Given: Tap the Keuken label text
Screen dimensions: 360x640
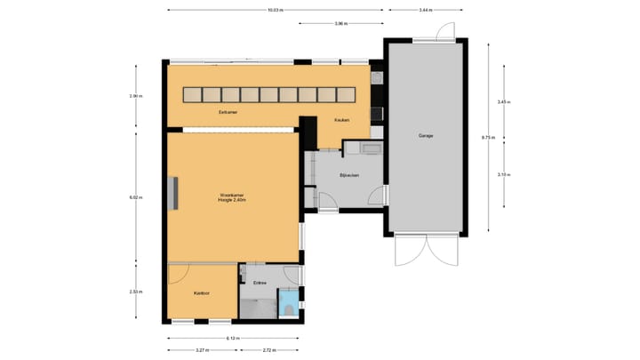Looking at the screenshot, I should pos(342,120).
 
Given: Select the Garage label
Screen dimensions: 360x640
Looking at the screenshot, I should pos(426,136).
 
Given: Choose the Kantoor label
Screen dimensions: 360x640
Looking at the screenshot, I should pos(202,292).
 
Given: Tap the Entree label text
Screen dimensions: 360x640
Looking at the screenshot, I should pos(260,283).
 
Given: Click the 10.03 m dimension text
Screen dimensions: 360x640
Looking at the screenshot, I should pos(276,10).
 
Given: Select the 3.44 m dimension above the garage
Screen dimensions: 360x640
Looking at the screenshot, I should pos(426,10).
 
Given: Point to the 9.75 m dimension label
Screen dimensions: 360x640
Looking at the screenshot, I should pos(487,138).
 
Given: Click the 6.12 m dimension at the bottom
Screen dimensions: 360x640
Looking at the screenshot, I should pos(233,339).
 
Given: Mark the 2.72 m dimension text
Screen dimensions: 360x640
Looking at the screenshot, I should pos(269,351).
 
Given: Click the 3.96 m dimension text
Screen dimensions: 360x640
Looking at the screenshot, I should pos(340,24).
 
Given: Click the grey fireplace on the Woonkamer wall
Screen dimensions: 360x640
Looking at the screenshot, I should pos(174,193).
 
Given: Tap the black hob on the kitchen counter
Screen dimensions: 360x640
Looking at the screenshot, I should pos(377,112).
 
